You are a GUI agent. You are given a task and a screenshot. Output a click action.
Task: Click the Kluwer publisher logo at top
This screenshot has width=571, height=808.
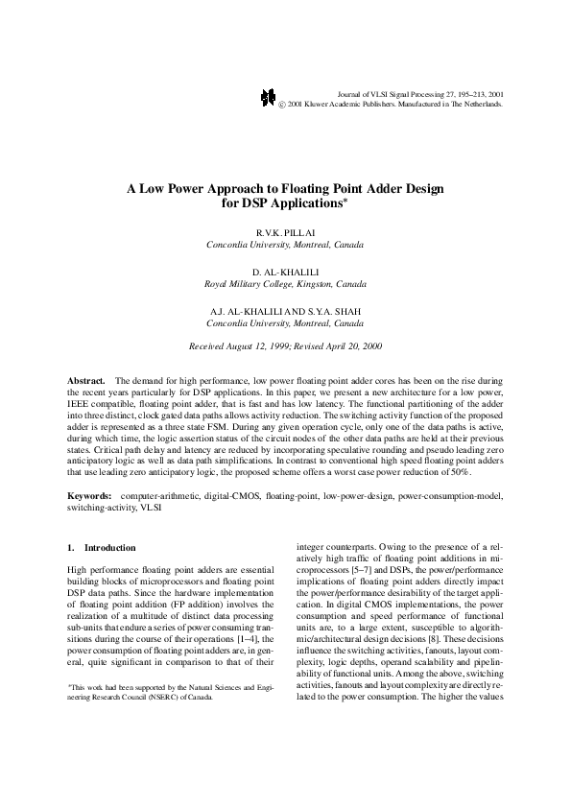tap(269, 99)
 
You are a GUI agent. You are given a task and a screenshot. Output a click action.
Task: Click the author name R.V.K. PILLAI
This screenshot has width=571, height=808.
tap(285, 233)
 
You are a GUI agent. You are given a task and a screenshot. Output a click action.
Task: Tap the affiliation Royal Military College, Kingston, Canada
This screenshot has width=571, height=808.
tap(285, 285)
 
